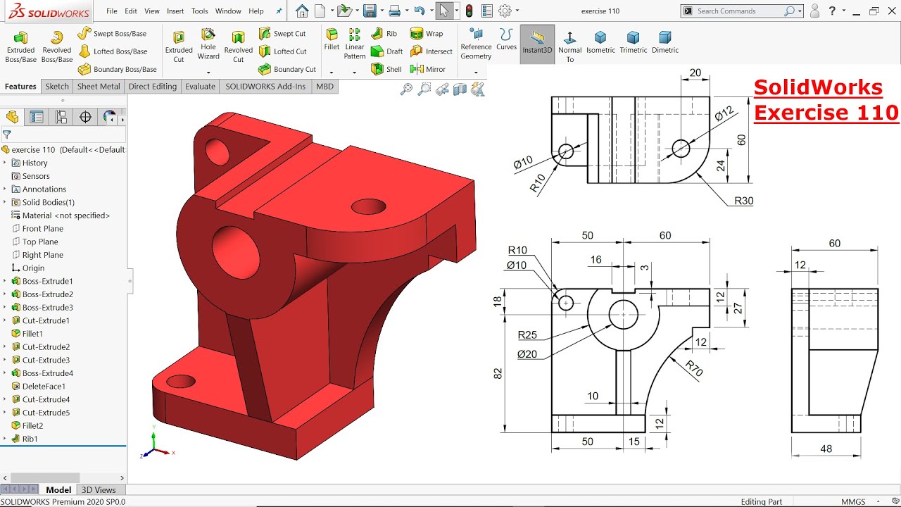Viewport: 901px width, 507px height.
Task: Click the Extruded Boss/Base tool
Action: [20, 46]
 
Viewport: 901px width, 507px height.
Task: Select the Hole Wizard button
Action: [208, 44]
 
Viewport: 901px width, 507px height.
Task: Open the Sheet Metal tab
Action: [98, 87]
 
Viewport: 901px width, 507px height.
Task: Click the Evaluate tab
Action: [200, 87]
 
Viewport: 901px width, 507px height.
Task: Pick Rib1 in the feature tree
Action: [30, 439]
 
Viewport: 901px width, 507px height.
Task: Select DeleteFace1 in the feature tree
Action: [43, 386]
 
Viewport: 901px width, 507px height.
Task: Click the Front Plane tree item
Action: [42, 229]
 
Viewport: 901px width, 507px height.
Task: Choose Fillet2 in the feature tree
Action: [32, 425]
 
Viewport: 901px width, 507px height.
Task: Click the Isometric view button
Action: [600, 43]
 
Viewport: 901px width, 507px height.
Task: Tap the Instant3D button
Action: [537, 43]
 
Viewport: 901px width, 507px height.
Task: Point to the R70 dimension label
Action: [694, 369]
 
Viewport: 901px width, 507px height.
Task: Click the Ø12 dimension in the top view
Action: [723, 113]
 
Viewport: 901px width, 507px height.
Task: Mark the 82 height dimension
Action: [498, 373]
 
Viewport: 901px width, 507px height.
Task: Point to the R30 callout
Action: [743, 201]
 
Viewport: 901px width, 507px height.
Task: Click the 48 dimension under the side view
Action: [826, 449]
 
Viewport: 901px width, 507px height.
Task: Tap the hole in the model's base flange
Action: [181, 381]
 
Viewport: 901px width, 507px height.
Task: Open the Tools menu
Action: [199, 11]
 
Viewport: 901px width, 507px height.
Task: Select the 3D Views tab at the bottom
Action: [99, 490]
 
